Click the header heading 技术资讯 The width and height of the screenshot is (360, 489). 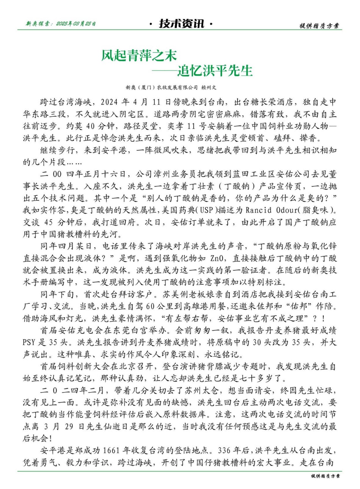181,24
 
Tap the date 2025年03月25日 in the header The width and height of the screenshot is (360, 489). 76,24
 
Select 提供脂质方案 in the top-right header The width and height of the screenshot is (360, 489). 319,26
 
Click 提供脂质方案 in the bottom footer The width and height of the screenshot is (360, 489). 325,476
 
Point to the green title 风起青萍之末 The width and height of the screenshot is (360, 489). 139,55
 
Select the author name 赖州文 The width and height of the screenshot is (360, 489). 209,87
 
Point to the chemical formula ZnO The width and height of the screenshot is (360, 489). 219,258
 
